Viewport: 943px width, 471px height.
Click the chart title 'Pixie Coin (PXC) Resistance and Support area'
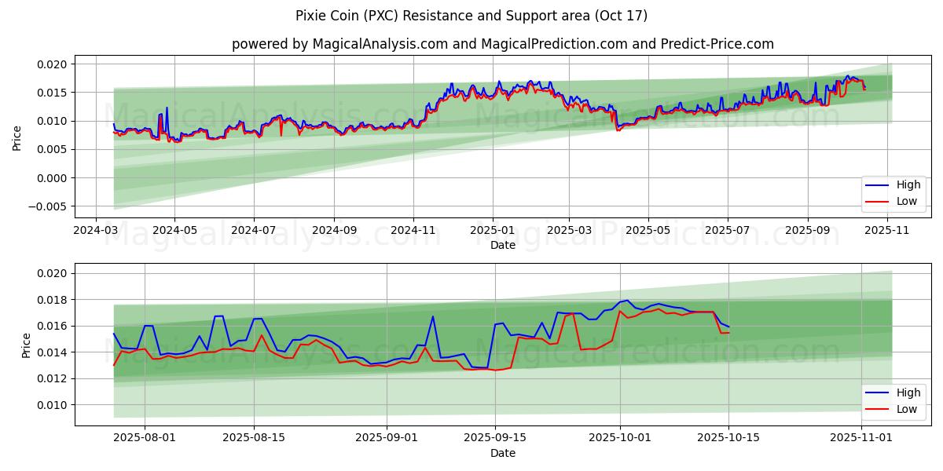tap(472, 16)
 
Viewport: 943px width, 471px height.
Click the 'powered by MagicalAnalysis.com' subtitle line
tap(503, 44)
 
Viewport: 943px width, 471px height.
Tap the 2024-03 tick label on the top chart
tap(96, 231)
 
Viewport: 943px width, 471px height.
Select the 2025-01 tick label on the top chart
tap(493, 231)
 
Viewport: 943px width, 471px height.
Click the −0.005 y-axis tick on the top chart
tap(50, 206)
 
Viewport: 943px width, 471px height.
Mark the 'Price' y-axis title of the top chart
tap(17, 138)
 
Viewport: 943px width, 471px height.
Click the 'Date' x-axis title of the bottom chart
tap(503, 453)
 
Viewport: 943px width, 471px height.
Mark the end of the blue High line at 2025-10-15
tap(728, 327)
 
